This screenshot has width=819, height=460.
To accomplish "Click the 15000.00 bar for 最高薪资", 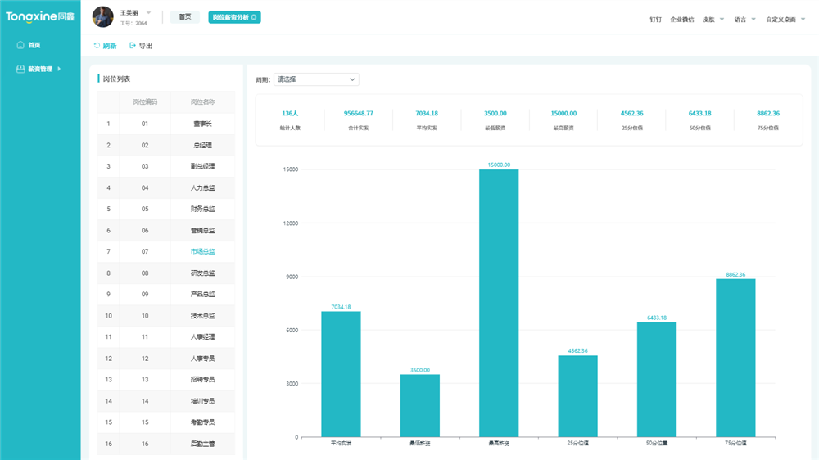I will tap(498, 303).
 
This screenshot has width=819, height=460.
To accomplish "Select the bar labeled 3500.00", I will tap(419, 405).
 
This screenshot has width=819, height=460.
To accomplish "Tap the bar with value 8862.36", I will tap(735, 358).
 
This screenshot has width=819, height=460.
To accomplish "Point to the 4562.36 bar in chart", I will tap(577, 395).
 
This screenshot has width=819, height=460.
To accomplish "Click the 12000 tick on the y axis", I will tap(291, 223).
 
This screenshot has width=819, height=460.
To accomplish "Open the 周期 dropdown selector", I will tap(316, 79).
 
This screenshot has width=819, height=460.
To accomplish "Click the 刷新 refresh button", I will tap(106, 46).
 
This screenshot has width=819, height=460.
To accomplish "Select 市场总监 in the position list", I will tap(202, 252).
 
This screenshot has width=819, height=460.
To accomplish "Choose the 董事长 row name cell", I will tap(202, 124).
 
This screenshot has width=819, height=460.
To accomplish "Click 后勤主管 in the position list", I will tap(202, 444).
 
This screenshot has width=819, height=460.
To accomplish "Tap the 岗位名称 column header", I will tap(202, 102).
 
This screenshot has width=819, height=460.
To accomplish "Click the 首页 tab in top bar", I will tap(184, 16).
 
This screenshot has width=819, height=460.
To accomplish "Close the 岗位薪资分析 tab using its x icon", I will tap(254, 17).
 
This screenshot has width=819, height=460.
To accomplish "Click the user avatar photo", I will tap(103, 16).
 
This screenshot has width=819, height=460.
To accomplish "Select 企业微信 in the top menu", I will tap(681, 19).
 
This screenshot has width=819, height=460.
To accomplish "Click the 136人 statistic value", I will tap(290, 114).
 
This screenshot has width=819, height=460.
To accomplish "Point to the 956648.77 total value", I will tap(358, 114).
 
